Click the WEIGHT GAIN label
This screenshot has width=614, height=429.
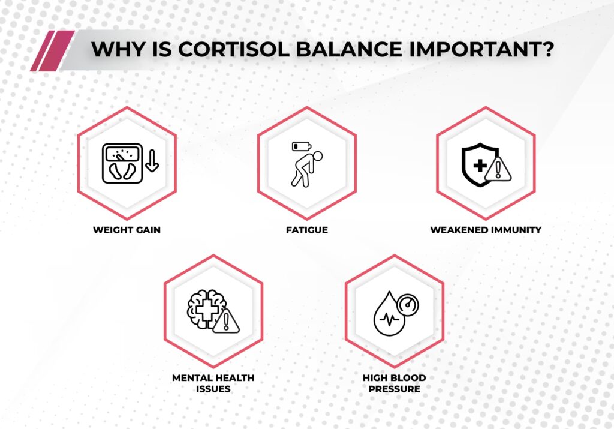pos(127,230)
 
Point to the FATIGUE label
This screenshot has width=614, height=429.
pos(306,230)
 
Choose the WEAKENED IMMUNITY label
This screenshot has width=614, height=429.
pos(486,230)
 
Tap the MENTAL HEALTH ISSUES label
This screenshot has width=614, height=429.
pos(213,383)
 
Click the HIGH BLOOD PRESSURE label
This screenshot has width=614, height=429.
pos(394,383)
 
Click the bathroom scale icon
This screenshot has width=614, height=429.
pos(122,163)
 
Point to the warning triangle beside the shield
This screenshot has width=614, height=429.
pos(497,169)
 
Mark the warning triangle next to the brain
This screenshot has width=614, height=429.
pos(226,321)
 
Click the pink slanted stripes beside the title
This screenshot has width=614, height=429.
pos(52,50)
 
